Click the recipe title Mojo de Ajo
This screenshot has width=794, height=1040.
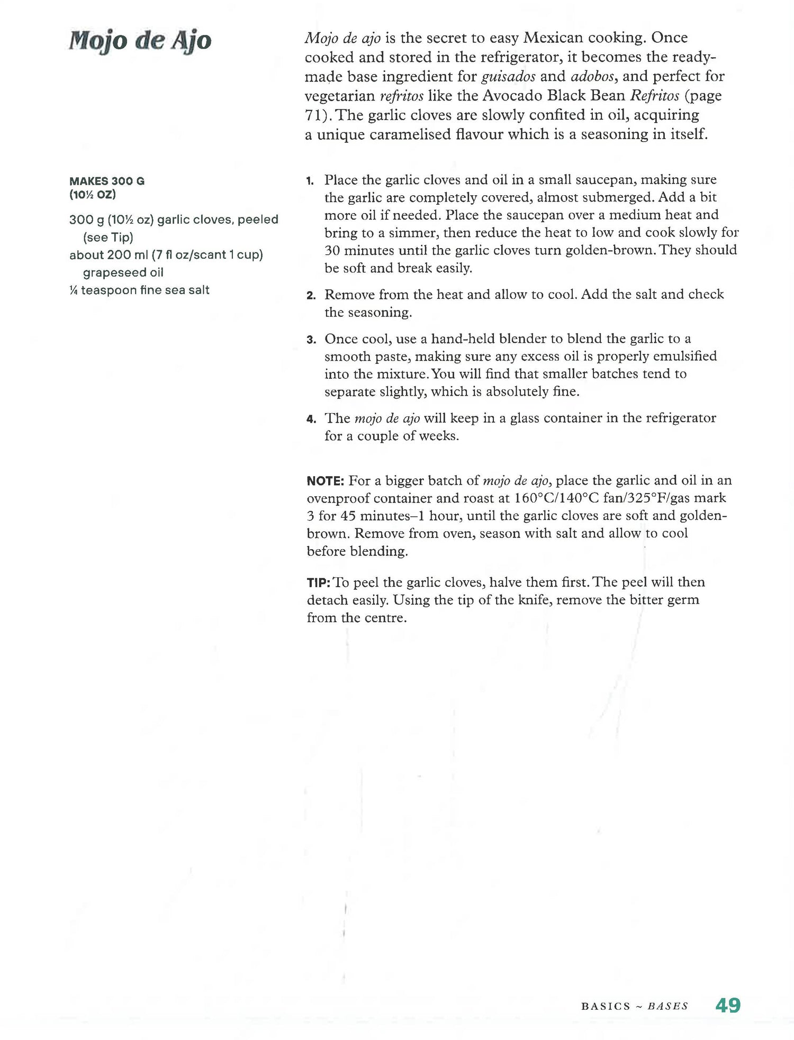pos(140,41)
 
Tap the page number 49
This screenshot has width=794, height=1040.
pos(728,1005)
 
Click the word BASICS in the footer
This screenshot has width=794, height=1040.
pos(606,1006)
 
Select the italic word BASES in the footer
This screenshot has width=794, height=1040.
pos(667,1006)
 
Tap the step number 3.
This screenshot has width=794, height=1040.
pos(311,340)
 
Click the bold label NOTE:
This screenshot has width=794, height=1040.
pos(326,481)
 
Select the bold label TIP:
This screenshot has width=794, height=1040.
pos(319,583)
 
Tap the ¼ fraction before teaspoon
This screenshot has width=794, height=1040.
pos(74,290)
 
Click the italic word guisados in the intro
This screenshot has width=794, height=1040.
pos(508,77)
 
